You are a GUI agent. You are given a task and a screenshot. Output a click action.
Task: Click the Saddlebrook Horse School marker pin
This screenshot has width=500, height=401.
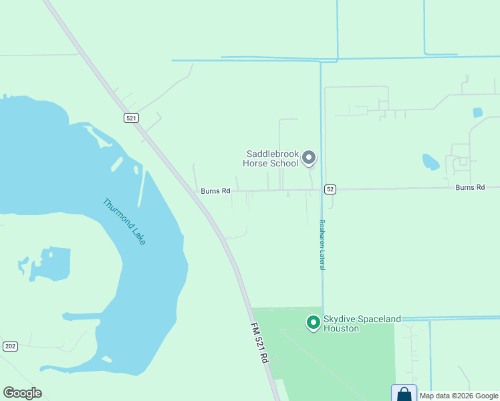click(x=308, y=158)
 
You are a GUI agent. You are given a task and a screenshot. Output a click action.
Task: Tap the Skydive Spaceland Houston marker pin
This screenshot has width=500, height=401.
click(x=312, y=323)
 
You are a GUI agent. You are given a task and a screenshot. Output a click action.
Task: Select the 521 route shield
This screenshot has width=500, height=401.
click(x=131, y=118)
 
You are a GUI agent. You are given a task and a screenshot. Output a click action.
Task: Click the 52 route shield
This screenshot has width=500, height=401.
click(x=330, y=189)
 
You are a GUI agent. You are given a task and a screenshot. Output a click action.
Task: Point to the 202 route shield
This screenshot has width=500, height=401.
click(x=10, y=346)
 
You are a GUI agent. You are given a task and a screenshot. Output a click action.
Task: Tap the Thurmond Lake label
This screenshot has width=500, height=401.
click(x=124, y=221)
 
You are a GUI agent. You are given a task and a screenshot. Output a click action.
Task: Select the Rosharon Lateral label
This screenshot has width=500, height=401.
click(x=322, y=245)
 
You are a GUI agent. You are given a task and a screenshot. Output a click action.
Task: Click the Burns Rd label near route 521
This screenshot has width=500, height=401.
click(x=215, y=191)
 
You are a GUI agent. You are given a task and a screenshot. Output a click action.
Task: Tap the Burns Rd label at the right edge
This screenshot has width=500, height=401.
click(x=470, y=188)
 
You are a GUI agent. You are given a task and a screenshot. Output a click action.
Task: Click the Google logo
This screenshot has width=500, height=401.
click(x=22, y=393)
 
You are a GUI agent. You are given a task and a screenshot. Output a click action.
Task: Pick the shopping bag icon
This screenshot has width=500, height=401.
click(x=404, y=394)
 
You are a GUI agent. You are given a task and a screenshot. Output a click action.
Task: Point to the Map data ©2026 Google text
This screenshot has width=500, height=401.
click(x=459, y=396)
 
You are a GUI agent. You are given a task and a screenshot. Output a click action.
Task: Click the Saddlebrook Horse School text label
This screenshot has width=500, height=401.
click(x=272, y=158)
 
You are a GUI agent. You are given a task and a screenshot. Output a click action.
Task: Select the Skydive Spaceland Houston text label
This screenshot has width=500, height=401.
click(x=362, y=323)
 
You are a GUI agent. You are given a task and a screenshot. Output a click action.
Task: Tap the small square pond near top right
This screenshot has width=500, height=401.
click(x=477, y=112)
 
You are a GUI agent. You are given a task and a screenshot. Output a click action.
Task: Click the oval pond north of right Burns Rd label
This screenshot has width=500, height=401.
click(x=431, y=162)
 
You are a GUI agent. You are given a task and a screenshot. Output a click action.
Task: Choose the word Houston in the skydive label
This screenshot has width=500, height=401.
click(x=342, y=328)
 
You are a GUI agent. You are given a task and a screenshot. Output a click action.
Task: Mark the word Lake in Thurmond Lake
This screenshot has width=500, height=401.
click(x=137, y=236)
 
